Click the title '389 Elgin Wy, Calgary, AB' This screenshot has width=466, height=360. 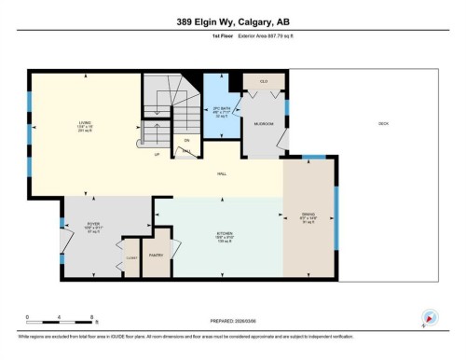pyautogui.click(x=232, y=21)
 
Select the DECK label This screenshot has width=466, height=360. pyautogui.click(x=383, y=124)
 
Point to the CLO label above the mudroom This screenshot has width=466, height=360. pyautogui.click(x=264, y=82)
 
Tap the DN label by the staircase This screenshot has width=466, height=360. pyautogui.click(x=186, y=139)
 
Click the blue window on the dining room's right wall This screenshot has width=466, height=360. pyautogui.click(x=336, y=218)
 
